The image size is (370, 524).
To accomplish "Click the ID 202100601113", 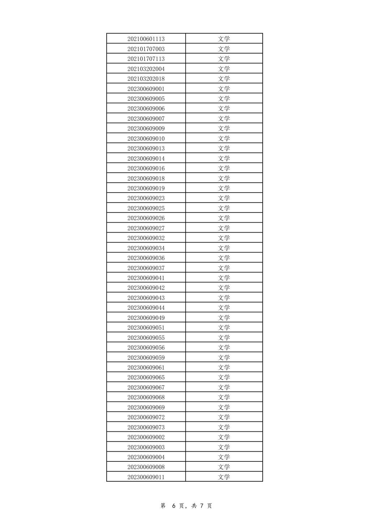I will (x=146, y=39).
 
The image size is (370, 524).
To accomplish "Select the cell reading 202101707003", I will (x=146, y=49).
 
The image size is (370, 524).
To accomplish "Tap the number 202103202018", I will (x=146, y=79).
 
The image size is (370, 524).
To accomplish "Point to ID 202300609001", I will (x=146, y=89).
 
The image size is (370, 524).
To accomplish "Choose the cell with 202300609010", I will (x=146, y=138).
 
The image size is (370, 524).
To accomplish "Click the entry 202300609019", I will (x=146, y=188).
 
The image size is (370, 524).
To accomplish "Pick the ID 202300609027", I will (x=146, y=228).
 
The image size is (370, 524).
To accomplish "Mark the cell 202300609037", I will (x=146, y=268).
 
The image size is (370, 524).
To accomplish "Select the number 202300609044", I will (x=146, y=308).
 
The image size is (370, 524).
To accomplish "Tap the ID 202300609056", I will (x=146, y=347).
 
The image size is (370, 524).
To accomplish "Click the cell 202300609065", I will (x=146, y=377).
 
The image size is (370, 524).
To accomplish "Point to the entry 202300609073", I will (x=146, y=427).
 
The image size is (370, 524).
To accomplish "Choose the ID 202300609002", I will (x=146, y=437).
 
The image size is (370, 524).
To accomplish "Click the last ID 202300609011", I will (x=146, y=477).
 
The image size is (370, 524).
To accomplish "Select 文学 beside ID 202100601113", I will (x=224, y=39).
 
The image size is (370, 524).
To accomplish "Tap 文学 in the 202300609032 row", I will (x=224, y=238).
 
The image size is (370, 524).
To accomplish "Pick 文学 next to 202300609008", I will (x=224, y=467).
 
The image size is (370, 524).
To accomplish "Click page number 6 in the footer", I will (x=173, y=506).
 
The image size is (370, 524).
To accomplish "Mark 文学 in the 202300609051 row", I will (x=224, y=327).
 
